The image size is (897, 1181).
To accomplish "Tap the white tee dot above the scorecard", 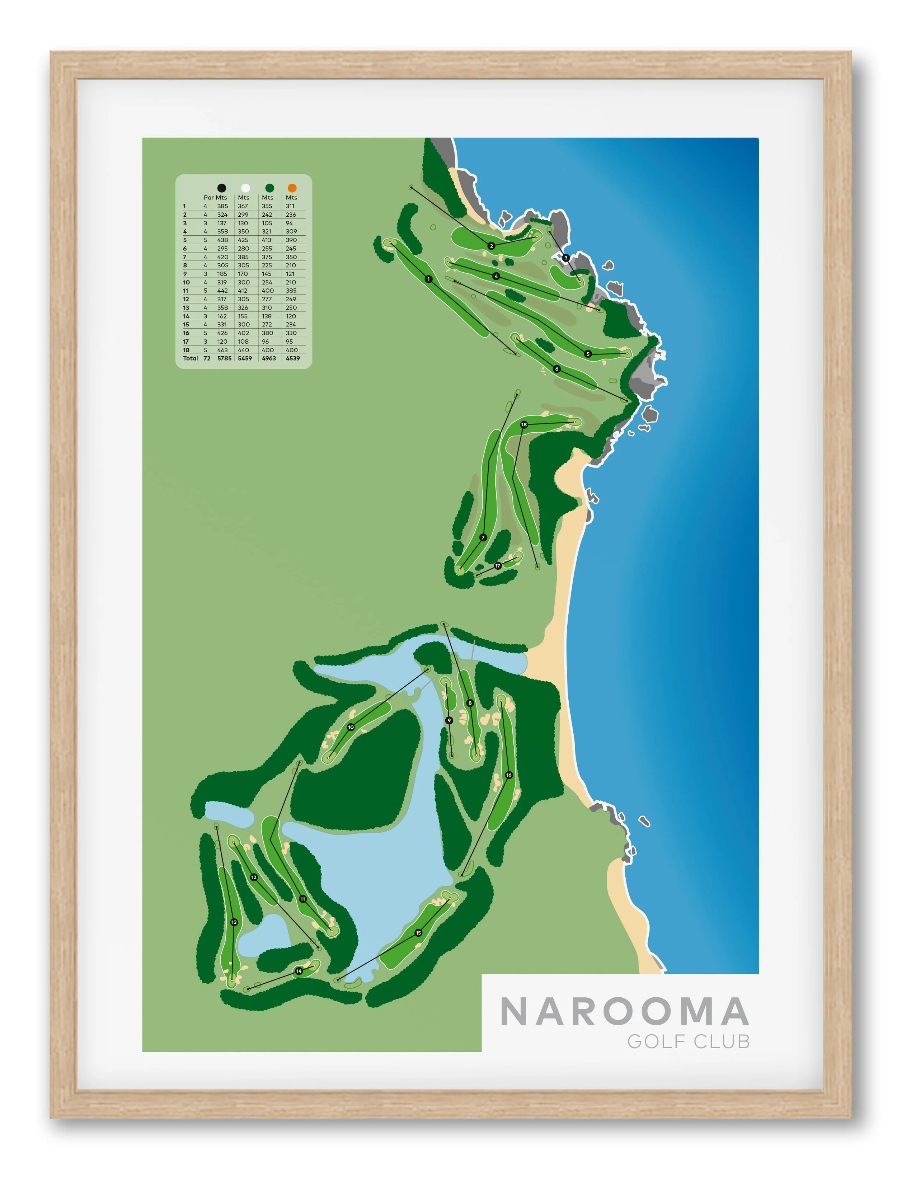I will (x=246, y=188).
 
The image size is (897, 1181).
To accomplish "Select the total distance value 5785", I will (x=224, y=358).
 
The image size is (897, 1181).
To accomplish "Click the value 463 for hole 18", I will (x=222, y=350).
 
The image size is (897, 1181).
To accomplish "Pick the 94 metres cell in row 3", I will (x=290, y=223).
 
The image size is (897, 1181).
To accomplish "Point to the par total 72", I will (x=207, y=358).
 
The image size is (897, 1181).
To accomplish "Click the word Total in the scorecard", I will (x=190, y=358).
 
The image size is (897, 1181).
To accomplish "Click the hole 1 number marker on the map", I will (x=428, y=279).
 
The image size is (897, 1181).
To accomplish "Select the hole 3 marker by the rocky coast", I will (x=566, y=258).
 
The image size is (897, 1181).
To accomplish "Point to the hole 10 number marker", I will (x=351, y=727).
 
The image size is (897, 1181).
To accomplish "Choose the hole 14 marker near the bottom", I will (x=299, y=971).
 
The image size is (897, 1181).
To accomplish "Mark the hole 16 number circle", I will (x=509, y=775).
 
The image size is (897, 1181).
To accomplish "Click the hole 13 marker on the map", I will (x=234, y=922).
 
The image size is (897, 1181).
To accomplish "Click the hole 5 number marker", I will (x=588, y=354).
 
